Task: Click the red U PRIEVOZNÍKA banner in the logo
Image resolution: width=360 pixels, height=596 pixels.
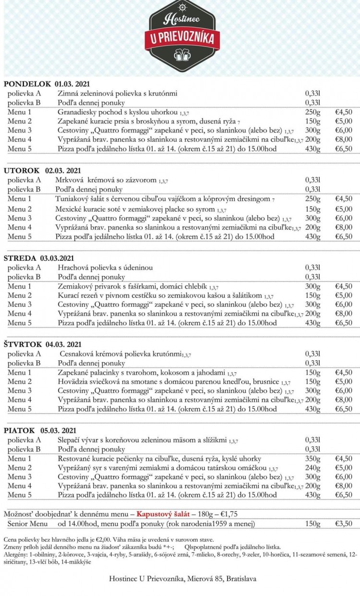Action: pyautogui.click(x=182, y=39)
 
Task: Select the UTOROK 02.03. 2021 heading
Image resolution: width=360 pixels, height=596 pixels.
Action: pyautogui.click(x=43, y=170)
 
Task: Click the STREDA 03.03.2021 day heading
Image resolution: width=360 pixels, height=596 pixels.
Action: pyautogui.click(x=39, y=258)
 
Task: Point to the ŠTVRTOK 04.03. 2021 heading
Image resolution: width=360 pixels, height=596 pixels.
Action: pyautogui.click(x=42, y=344)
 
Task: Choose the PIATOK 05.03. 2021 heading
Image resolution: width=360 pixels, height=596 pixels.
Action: pyautogui.click(x=40, y=430)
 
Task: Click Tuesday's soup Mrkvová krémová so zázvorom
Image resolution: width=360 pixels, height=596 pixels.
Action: pyautogui.click(x=109, y=180)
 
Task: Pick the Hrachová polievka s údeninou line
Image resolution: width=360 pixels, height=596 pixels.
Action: pyautogui.click(x=105, y=267)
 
